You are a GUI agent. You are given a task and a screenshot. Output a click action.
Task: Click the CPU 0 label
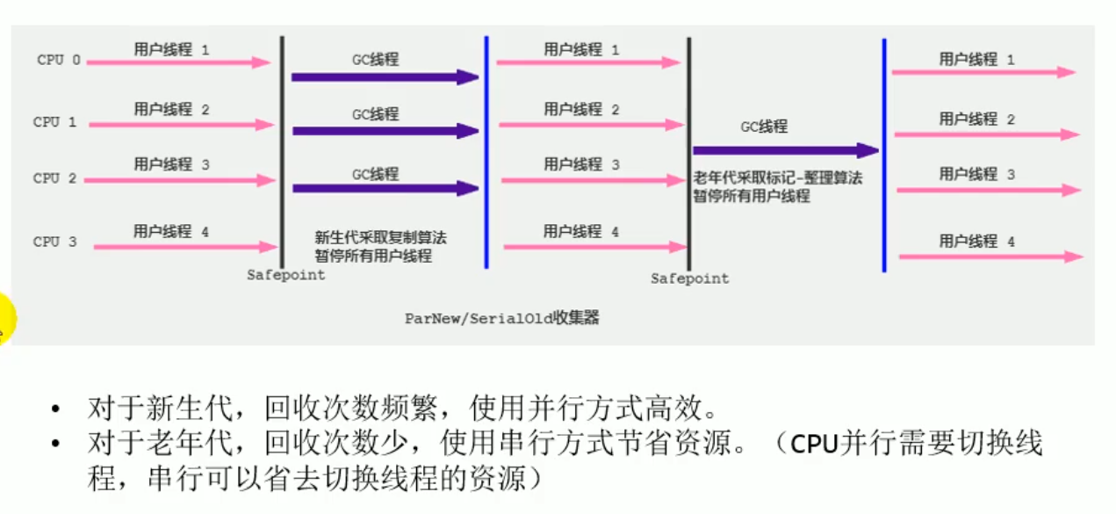pos(59,61)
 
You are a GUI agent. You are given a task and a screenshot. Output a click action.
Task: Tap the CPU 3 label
pos(55,242)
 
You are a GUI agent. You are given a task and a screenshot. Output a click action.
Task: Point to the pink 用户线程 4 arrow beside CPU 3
pos(185,247)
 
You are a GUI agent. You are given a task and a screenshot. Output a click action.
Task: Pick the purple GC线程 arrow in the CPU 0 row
pos(385,77)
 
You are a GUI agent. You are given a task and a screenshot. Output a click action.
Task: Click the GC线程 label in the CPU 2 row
pos(375,174)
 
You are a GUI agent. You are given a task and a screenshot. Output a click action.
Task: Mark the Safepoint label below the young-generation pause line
pos(285,275)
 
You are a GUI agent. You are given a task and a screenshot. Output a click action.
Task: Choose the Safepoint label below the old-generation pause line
pos(689,279)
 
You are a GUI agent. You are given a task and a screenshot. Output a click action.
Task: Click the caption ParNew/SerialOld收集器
pos(501,318)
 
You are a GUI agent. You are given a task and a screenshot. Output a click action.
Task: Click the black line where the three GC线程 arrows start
pos(282,149)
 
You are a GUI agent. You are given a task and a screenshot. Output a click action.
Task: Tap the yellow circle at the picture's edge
pos(4,317)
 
